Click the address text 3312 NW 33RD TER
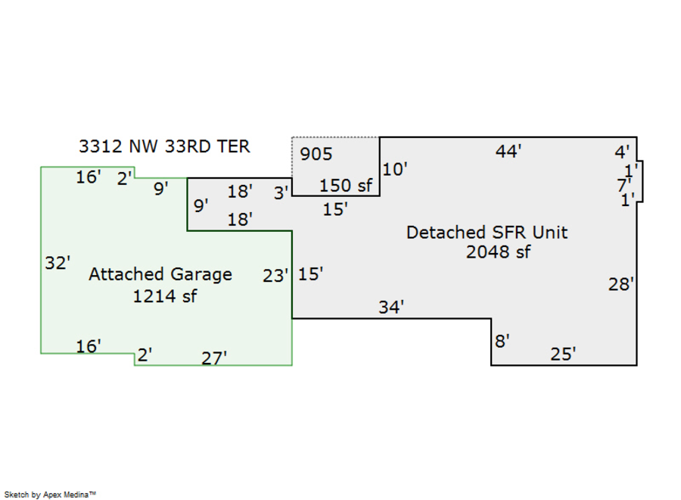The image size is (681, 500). pos(164,146)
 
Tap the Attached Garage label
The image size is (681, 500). pos(160,274)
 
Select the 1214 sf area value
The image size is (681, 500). pos(164,296)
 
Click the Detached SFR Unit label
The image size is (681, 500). pos(487,232)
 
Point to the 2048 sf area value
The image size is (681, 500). pos(498,252)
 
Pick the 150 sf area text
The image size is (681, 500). pos(346,186)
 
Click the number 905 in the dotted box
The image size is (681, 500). pos(316,155)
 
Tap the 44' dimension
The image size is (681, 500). pos(508,152)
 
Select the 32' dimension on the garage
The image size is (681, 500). pos(58,264)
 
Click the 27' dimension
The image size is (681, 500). pos(214,358)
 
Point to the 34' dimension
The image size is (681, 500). pos(391,307)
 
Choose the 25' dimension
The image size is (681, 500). pos(563,354)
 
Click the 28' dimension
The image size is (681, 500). pos(621,285)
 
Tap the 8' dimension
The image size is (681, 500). pos(502,342)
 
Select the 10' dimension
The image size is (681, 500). pos(395,169)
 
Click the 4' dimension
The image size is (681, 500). pos(621,152)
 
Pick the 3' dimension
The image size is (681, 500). pos(281,193)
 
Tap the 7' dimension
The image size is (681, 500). pos(623,184)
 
